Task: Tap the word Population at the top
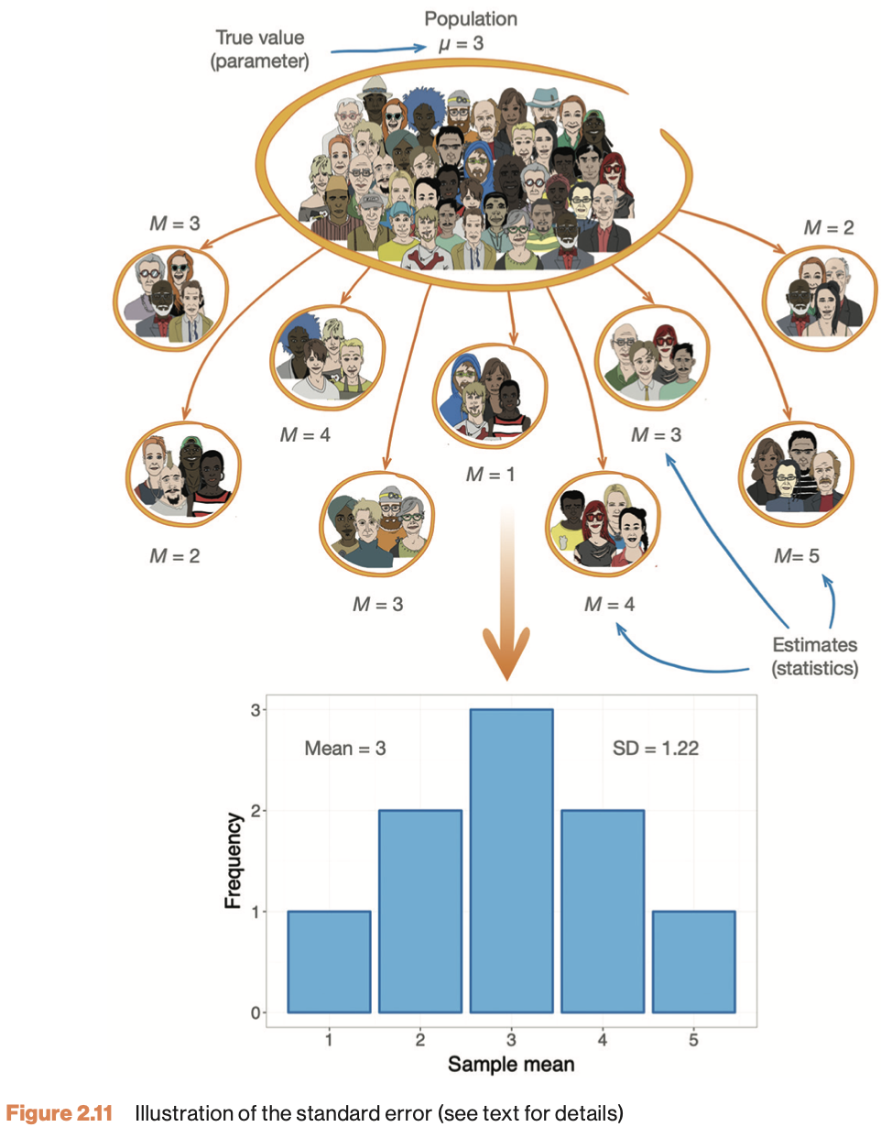[x=470, y=17]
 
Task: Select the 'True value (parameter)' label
[x=262, y=49]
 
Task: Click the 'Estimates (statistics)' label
[x=815, y=655]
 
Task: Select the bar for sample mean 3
[x=512, y=860]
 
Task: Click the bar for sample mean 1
[x=329, y=961]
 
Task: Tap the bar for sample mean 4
[x=603, y=911]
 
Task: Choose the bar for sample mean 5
[x=694, y=961]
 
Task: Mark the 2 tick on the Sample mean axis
[x=419, y=1041]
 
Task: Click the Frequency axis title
[x=234, y=861]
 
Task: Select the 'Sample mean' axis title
[x=511, y=1065]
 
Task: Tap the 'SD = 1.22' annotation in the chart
[x=655, y=749]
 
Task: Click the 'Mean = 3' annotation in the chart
[x=345, y=749]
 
